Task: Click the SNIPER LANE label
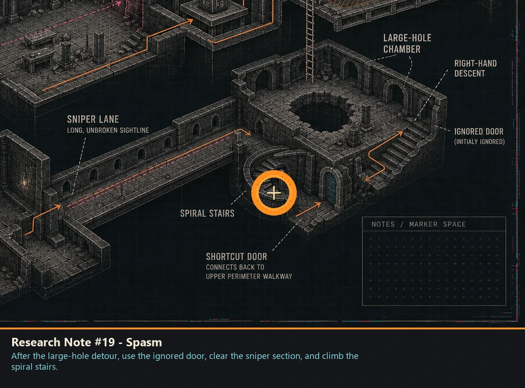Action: pos(93,119)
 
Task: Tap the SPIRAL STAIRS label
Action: pos(207,214)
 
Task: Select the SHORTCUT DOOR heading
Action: pos(236,257)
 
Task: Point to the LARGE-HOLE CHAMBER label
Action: pos(407,43)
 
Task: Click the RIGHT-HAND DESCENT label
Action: pos(475,68)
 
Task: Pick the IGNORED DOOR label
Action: pos(479,131)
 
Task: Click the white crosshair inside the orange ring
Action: pos(274,193)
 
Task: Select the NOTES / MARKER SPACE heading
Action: pos(418,224)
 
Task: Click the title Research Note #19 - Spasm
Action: pos(87,342)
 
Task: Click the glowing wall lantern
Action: pos(25,181)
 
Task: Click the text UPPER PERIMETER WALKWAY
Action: pos(249,276)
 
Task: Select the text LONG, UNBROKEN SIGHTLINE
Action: pos(108,130)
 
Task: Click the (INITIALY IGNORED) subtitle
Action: pos(480,141)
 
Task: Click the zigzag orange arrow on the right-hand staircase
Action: pos(384,156)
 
